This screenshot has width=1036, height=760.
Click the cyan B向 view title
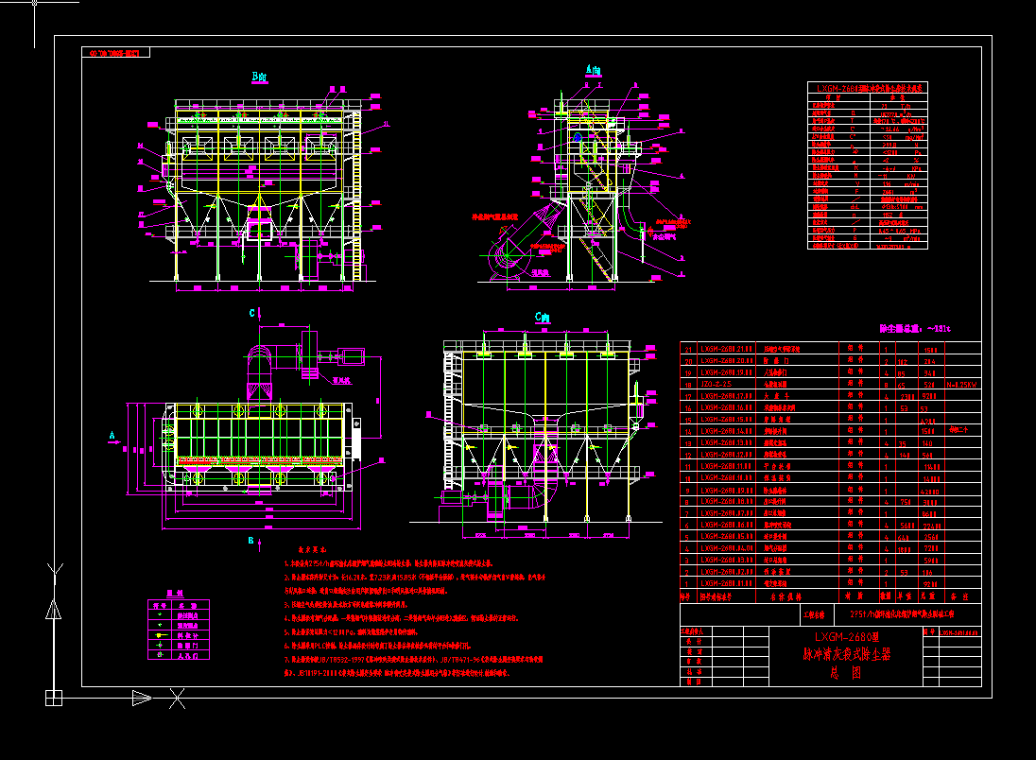[x=259, y=77]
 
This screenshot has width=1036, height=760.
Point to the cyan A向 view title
[x=593, y=70]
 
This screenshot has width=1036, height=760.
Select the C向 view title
[x=543, y=319]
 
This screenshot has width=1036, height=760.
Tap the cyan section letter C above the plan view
[x=251, y=313]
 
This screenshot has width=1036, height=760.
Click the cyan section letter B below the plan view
[x=250, y=541]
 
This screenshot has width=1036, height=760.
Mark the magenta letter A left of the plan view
[x=112, y=436]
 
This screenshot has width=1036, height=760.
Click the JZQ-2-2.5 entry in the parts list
[x=716, y=385]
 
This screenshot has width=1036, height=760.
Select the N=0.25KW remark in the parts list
[x=964, y=385]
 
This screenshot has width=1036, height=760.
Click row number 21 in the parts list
[x=687, y=349]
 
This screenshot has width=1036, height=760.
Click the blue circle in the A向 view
[x=578, y=138]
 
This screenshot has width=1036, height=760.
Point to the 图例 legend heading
[x=173, y=594]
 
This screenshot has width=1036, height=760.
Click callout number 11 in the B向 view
[x=386, y=125]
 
